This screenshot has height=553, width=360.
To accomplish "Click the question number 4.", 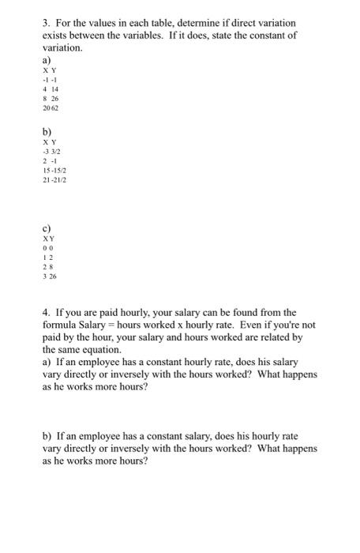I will point(46,311).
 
